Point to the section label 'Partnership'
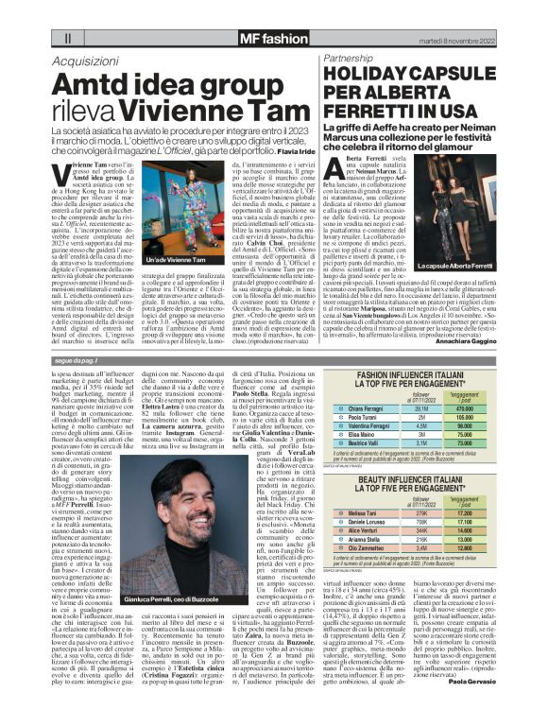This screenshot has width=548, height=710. (352, 58)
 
